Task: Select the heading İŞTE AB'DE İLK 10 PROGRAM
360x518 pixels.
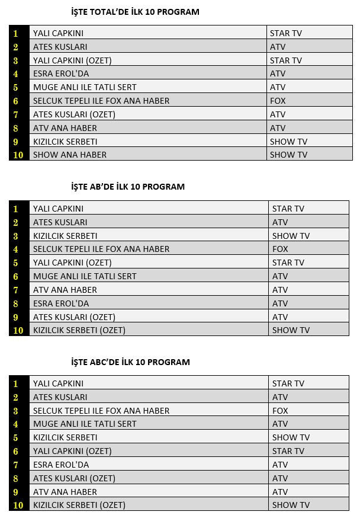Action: [127, 187]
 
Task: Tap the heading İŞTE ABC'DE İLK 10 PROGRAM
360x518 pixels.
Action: [130, 362]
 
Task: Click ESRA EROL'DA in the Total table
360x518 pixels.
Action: [61, 73]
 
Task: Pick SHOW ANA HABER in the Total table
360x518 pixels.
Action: [70, 155]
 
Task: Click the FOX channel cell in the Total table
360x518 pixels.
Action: [278, 101]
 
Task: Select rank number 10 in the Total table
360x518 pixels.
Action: [18, 155]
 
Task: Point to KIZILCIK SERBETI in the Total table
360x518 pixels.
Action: [65, 142]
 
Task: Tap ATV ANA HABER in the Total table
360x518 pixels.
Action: [65, 128]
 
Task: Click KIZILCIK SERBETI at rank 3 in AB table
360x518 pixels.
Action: [65, 236]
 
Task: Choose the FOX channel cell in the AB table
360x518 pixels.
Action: [280, 249]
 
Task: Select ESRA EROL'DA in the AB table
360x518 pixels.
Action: [61, 303]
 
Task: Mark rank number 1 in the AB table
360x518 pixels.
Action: [16, 209]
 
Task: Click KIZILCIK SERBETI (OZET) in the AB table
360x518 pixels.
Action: [79, 330]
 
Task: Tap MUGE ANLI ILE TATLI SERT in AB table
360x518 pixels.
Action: [85, 276]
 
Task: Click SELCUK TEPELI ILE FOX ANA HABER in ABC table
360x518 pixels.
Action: [101, 411]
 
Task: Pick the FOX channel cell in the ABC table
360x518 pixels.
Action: [280, 411]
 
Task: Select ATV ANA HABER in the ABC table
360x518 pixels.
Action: [65, 492]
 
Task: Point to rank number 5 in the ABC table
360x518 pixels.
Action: [16, 438]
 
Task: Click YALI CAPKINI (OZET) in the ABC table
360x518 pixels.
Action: [72, 451]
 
